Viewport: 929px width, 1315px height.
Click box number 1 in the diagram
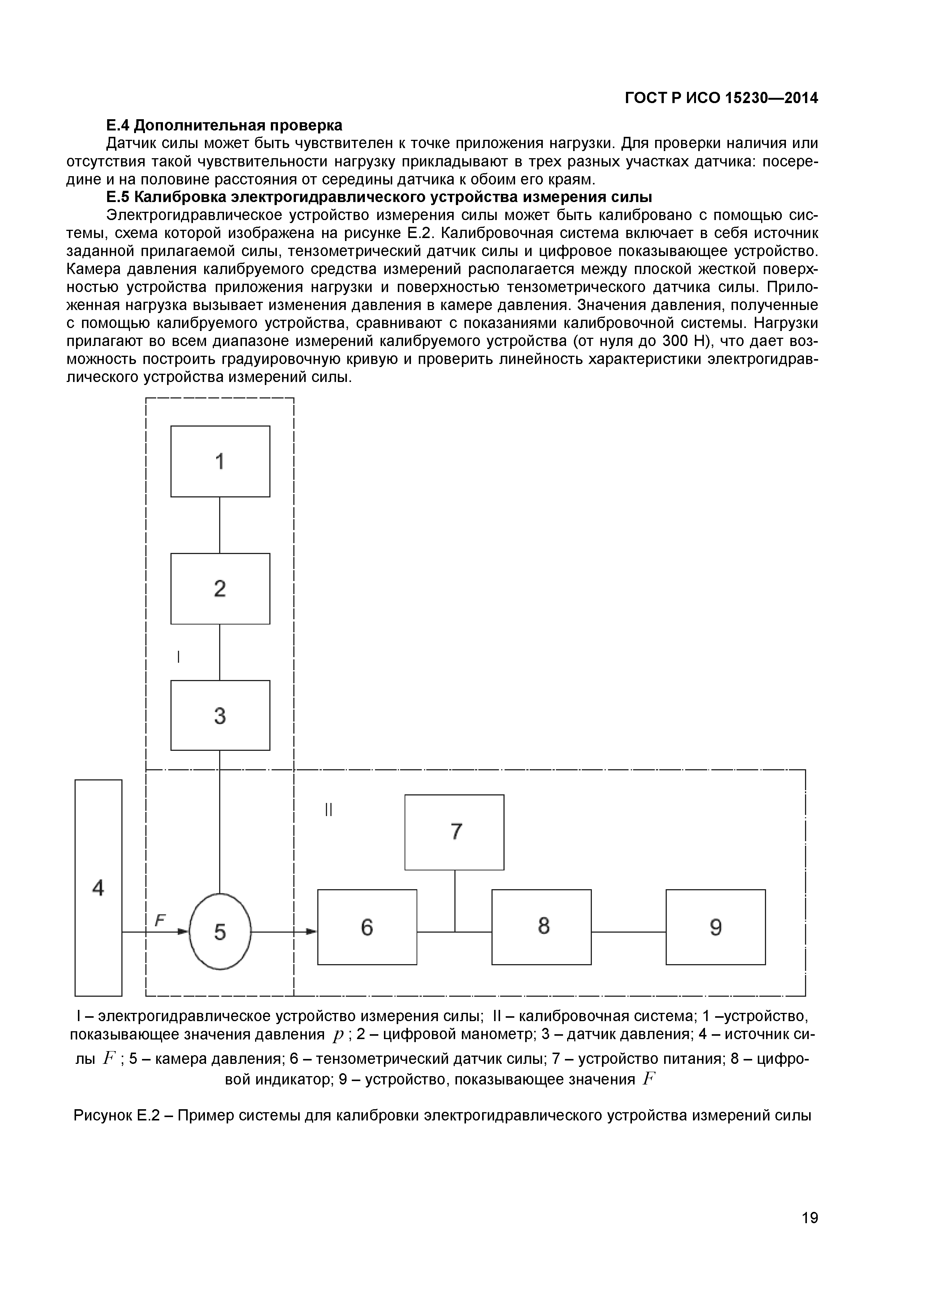(x=220, y=461)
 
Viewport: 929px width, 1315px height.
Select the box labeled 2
(x=220, y=588)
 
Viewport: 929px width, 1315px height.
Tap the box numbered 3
(x=220, y=715)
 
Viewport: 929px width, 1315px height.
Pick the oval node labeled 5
(x=220, y=932)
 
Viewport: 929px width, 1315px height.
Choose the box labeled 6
(x=367, y=927)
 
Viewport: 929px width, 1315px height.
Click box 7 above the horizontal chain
(x=454, y=831)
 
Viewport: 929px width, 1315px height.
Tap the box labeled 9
(x=715, y=927)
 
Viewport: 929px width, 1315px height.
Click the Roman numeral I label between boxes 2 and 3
(x=179, y=657)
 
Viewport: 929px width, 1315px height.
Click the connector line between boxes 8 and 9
(x=629, y=932)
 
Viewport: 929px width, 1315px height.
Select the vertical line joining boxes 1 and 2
(x=220, y=525)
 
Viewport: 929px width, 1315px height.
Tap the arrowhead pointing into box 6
(x=311, y=932)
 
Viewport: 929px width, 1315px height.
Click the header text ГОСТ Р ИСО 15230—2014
(x=721, y=99)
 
